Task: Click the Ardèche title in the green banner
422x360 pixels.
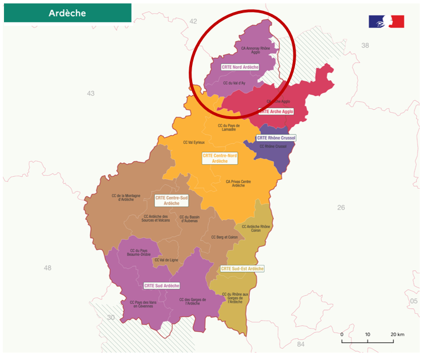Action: (67, 13)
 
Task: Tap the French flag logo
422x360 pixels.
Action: (386, 22)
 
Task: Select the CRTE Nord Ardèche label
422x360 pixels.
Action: (240, 67)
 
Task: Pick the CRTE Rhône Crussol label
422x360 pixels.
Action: (276, 138)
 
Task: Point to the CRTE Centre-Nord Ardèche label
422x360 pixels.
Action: (220, 158)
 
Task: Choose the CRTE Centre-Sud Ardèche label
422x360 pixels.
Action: (172, 200)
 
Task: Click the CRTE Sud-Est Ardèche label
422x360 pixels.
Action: (242, 268)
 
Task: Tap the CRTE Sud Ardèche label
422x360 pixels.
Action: (162, 286)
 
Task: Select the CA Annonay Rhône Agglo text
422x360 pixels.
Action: (255, 50)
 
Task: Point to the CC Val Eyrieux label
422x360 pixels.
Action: (194, 143)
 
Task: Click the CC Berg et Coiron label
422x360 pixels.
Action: (224, 237)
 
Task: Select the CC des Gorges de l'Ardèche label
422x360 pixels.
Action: (192, 301)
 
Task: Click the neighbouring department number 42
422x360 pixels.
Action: (193, 21)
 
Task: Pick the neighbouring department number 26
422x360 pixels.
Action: (341, 208)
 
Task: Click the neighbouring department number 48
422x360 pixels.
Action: (47, 267)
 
